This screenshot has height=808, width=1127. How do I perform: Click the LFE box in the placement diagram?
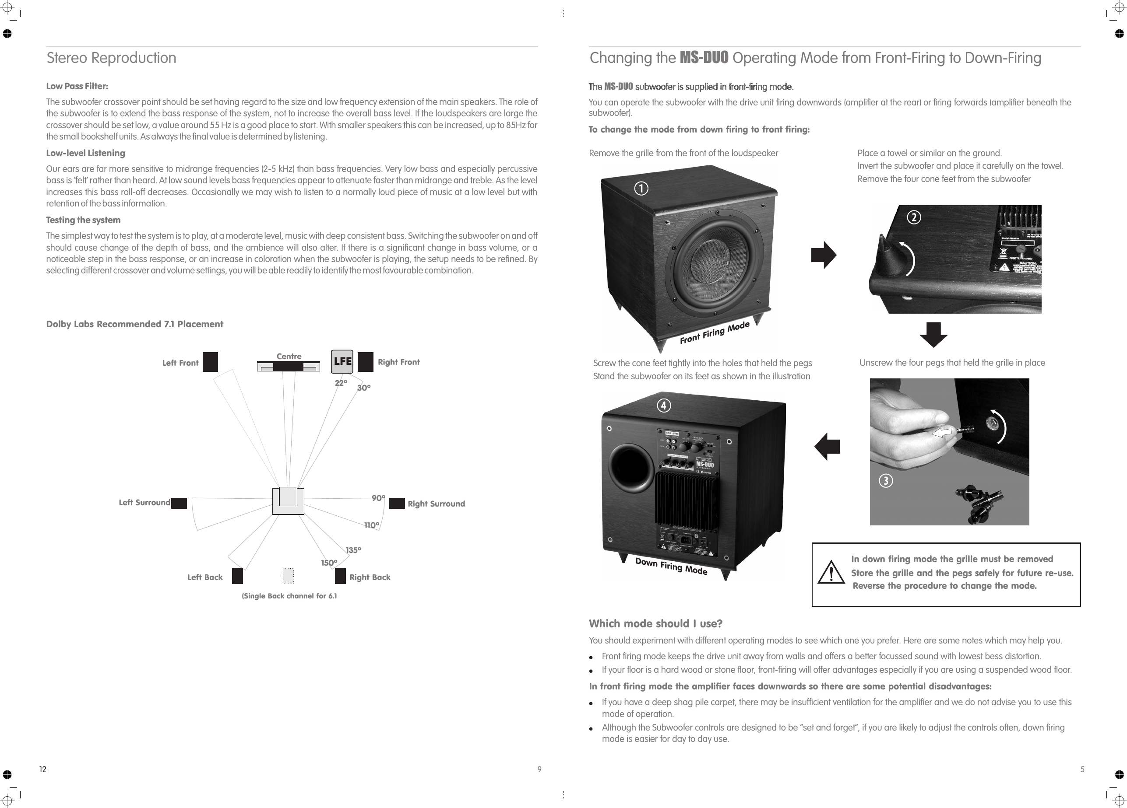coord(342,361)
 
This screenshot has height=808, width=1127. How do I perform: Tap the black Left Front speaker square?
coord(210,362)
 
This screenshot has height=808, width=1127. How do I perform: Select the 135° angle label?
coord(353,550)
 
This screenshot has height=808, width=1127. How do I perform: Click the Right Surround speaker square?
coord(397,504)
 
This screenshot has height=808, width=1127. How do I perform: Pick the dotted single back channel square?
coord(288,576)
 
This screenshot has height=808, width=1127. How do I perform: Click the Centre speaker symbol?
coord(288,367)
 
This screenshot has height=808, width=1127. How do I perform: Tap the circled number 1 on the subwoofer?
coord(641,189)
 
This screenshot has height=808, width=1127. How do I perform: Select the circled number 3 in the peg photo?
coord(885,481)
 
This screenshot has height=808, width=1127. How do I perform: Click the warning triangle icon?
coord(831,574)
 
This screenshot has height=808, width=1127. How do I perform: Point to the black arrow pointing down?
coord(933,335)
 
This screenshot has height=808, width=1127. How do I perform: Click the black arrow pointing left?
coord(828,447)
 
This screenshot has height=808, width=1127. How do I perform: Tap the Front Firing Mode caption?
coord(714,333)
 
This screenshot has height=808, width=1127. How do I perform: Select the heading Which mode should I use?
coord(655,624)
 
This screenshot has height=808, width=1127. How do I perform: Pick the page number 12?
coord(43,769)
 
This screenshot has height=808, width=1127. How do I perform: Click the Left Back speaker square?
coord(237,576)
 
